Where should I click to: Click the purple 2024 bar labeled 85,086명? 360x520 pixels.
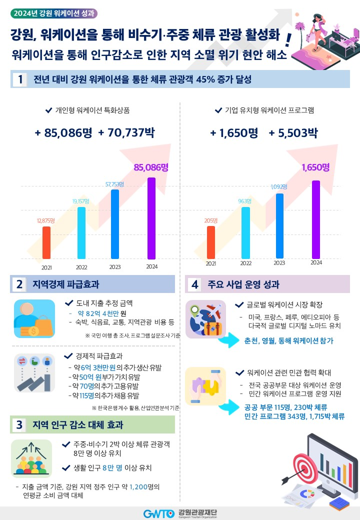(151, 218)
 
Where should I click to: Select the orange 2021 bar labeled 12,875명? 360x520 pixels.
(46, 242)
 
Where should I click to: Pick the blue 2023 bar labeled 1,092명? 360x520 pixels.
(279, 226)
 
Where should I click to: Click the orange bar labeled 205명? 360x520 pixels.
(211, 242)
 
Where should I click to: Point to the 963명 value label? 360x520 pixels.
(245, 201)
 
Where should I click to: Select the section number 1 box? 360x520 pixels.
(19, 79)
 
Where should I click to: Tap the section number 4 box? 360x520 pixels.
(194, 284)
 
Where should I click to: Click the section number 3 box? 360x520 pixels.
(19, 425)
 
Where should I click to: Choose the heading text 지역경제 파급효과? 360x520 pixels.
(65, 284)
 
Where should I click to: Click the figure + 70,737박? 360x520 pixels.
(126, 133)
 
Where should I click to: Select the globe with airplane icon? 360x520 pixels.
(205, 318)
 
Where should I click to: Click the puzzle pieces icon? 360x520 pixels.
(205, 385)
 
